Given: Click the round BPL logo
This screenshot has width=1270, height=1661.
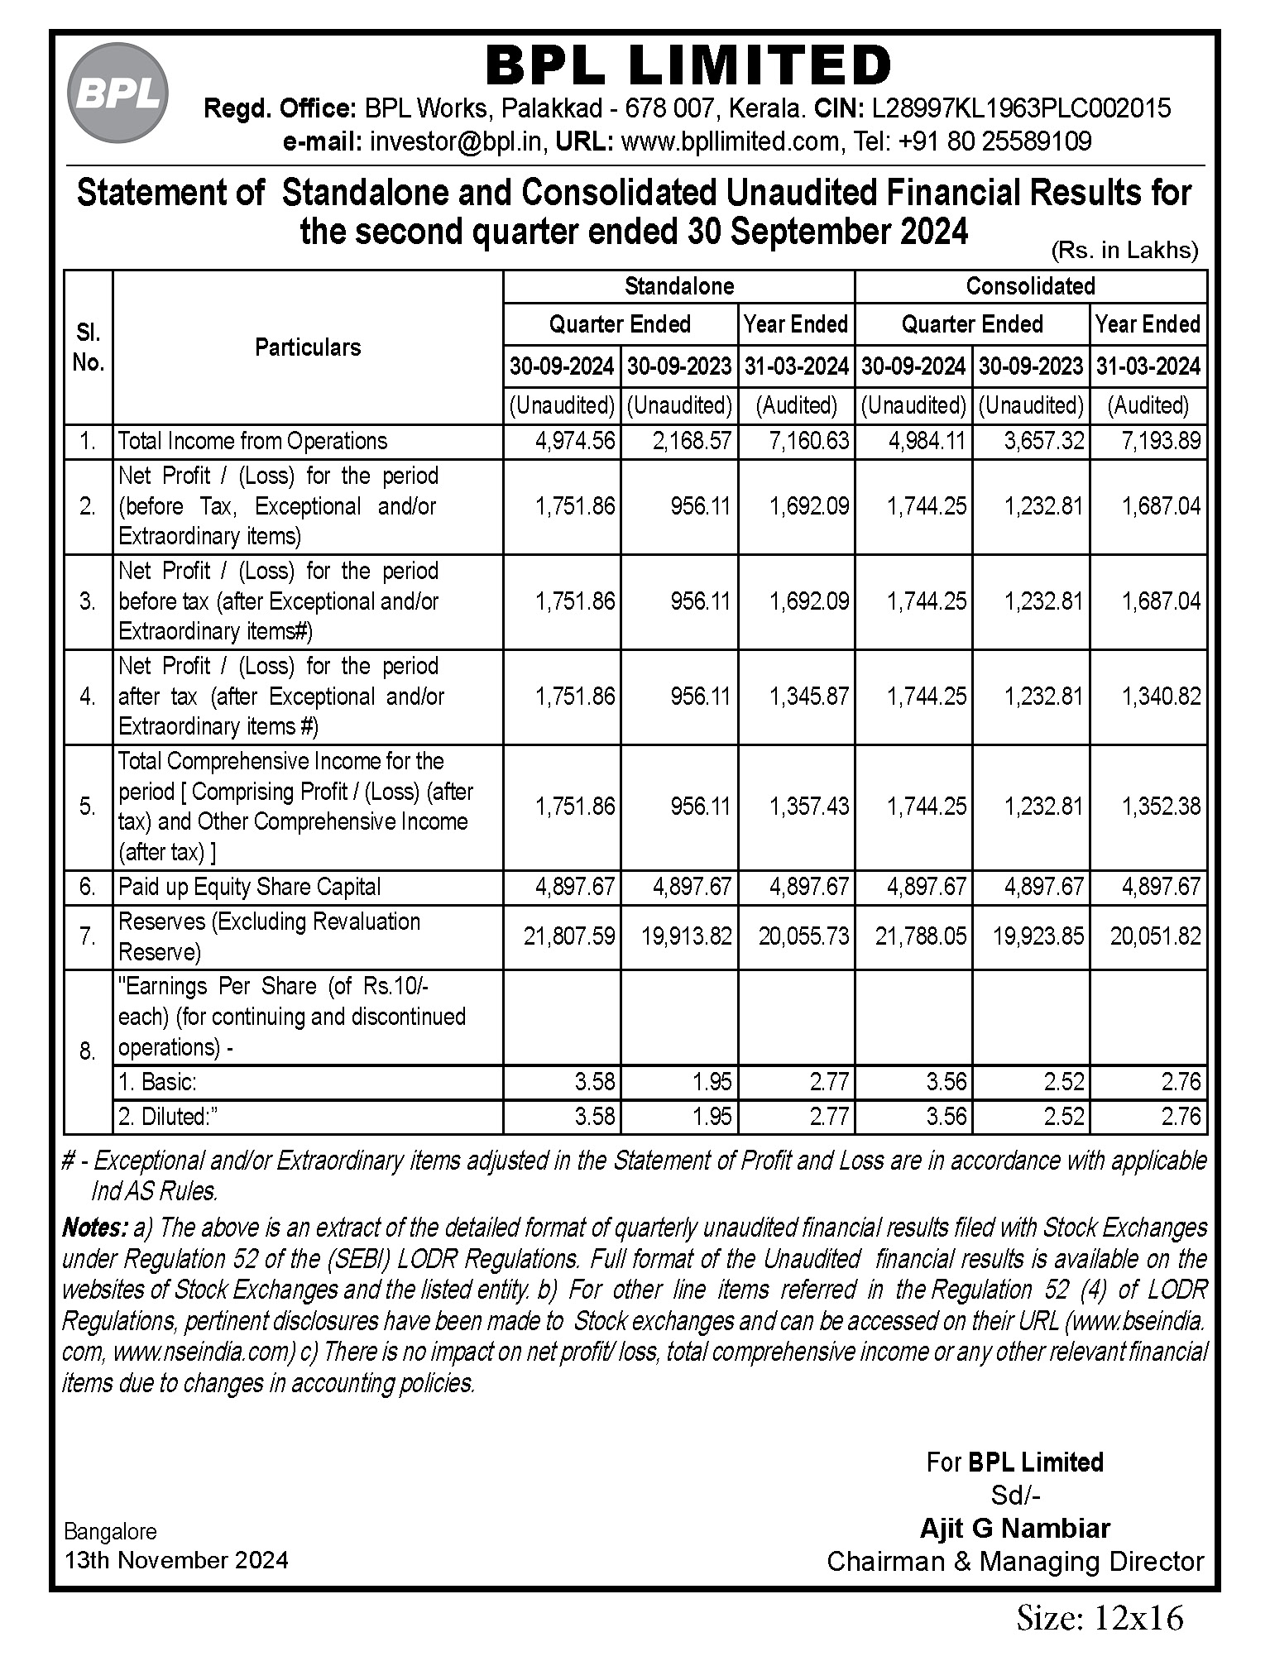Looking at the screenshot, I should pos(117,93).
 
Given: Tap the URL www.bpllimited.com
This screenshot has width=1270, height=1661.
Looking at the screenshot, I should pos(730,141).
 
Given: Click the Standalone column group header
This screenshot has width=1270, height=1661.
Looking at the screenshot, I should pos(678,286).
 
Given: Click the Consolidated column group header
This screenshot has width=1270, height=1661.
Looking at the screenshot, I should pos(1030,286).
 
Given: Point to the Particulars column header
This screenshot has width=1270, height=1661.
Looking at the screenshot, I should pos(307,347).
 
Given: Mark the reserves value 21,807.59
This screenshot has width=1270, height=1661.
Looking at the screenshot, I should pos(569,936).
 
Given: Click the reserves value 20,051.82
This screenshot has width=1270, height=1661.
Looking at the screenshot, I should pos(1155,936).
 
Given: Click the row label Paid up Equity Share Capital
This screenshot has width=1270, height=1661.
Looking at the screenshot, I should pos(249,887).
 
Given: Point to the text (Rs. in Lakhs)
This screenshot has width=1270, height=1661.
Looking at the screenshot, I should pos(1124,250).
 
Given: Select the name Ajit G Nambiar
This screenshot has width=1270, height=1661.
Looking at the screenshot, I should pos(1014,1529).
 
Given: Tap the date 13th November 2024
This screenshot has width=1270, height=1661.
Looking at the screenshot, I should pos(176,1561).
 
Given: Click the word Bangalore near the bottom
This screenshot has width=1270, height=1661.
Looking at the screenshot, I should pos(110,1532).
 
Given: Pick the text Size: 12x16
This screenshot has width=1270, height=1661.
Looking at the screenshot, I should pos(1100,1618).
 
